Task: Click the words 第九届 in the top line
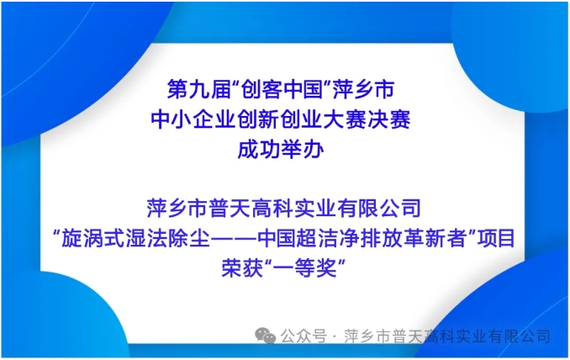pos(199,89)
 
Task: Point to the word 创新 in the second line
pos(259,119)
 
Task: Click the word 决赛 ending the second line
pos(389,119)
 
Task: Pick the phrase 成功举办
pos(281,150)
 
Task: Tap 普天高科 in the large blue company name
pos(251,208)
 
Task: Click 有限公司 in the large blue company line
pos(379,208)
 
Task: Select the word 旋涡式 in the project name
pos(93,239)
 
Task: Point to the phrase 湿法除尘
pos(168,239)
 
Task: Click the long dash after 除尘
pos(234,239)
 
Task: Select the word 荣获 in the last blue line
pos(242,268)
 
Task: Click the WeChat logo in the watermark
pos(265,336)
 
